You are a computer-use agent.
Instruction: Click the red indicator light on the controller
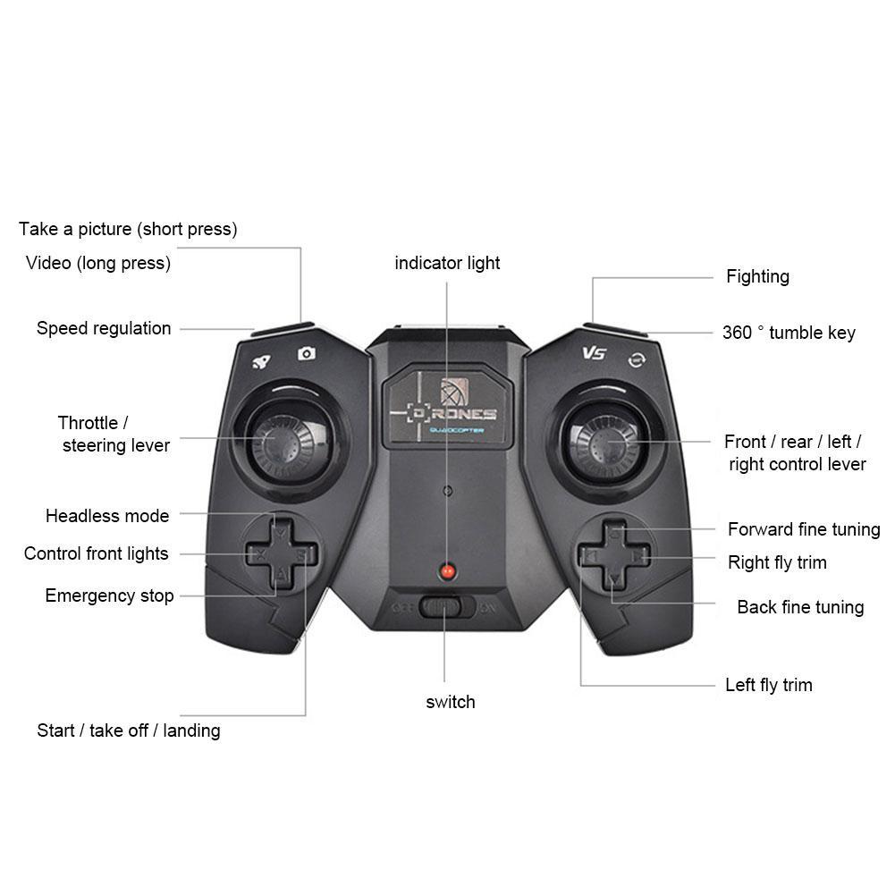pyautogui.click(x=448, y=570)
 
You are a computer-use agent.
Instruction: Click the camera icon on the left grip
pyautogui.click(x=307, y=354)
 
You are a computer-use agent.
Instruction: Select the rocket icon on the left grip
pyautogui.click(x=261, y=361)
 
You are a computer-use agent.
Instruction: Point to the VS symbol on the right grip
pyautogui.click(x=594, y=353)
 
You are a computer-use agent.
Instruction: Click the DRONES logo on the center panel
pyautogui.click(x=447, y=414)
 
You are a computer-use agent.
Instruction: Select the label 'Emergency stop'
pyautogui.click(x=109, y=595)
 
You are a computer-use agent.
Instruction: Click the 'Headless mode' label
pyautogui.click(x=107, y=516)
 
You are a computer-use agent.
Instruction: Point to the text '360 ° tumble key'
pyautogui.click(x=789, y=333)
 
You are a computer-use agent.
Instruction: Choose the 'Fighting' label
pyautogui.click(x=757, y=276)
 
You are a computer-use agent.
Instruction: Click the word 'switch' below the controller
pyautogui.click(x=451, y=702)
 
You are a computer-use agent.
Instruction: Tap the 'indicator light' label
pyautogui.click(x=447, y=263)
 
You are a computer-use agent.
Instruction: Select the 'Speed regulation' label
pyautogui.click(x=104, y=328)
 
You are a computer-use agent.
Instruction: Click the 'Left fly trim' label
pyautogui.click(x=768, y=685)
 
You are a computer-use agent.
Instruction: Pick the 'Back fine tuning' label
pyautogui.click(x=800, y=607)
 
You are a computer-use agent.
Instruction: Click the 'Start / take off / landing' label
pyautogui.click(x=129, y=730)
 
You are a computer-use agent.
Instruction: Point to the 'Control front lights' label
pyautogui.click(x=97, y=553)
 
